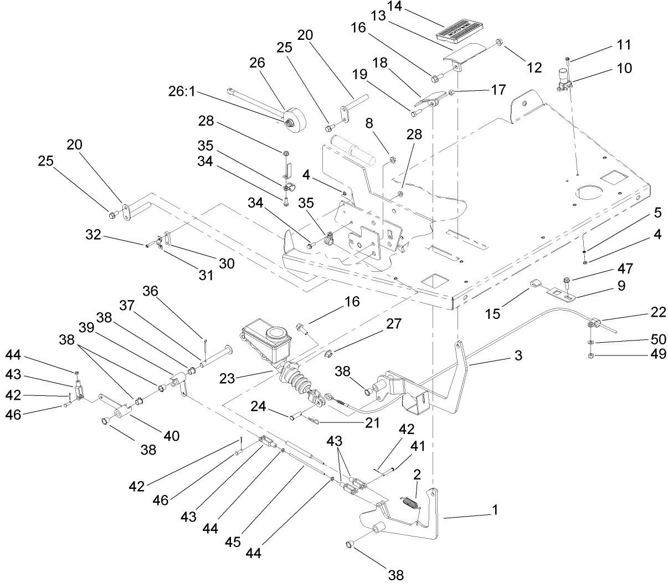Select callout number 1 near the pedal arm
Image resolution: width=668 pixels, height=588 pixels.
[495, 509]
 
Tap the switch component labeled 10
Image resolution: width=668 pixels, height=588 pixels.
[563, 78]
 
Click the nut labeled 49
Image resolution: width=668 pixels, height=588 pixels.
[590, 354]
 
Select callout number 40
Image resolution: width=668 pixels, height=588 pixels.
[171, 436]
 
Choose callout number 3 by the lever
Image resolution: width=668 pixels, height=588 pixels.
[518, 355]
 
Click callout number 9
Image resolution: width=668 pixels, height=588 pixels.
[621, 286]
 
